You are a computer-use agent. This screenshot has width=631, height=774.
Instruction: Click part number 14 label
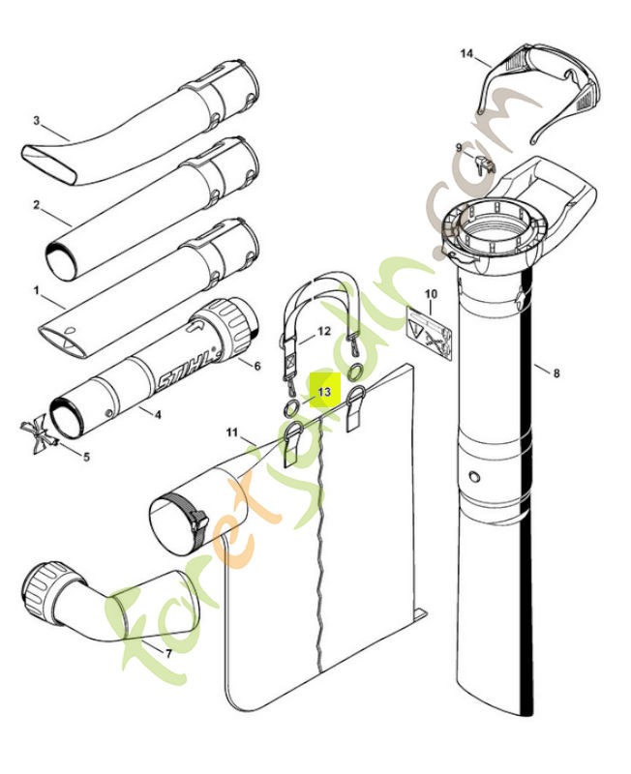[x=466, y=54]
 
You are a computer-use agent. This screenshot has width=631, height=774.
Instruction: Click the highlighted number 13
[x=324, y=392]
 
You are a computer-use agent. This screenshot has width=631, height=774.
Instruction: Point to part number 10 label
[x=431, y=293]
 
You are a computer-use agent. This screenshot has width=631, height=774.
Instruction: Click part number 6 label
[x=257, y=366]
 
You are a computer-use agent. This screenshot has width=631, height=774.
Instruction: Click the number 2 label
[x=35, y=205]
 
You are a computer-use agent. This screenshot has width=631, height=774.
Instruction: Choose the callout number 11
[x=230, y=430]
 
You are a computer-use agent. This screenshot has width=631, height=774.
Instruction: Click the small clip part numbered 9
[x=486, y=164]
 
